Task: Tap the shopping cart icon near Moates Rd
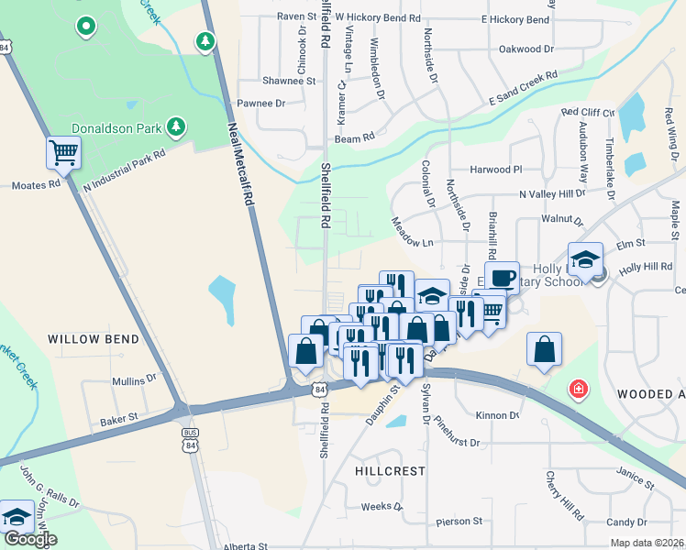[x=63, y=152]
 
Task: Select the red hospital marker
[x=578, y=390]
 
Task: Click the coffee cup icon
[x=502, y=278]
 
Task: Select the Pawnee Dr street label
[x=261, y=104]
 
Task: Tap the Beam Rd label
[x=355, y=137]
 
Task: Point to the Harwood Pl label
[x=495, y=170]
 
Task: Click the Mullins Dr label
[x=127, y=380]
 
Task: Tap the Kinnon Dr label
[x=498, y=415]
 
